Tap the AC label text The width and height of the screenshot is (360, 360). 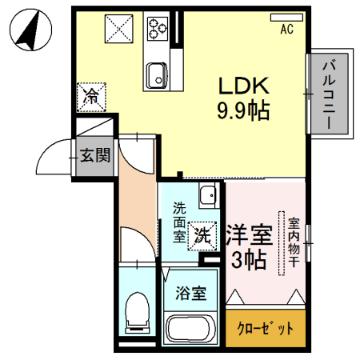tap(286, 30)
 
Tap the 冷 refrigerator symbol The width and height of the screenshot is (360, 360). tap(93, 98)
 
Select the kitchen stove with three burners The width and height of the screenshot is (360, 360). tap(157, 30)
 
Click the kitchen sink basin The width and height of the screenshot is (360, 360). tap(155, 77)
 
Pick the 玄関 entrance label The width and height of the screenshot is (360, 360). tap(94, 155)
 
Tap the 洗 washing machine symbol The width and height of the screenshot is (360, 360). tap(203, 234)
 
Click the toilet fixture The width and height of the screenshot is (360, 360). tap(138, 314)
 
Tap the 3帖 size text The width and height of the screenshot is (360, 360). tap(249, 260)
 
